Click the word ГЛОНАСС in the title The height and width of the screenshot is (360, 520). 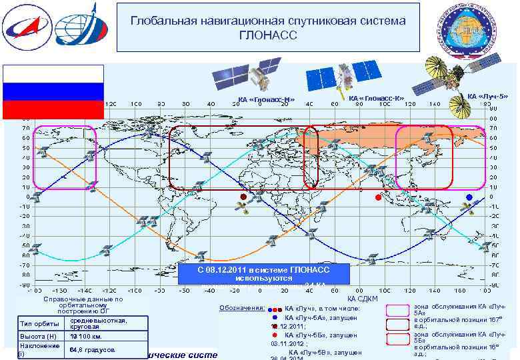pos(268,35)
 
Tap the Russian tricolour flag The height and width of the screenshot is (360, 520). pos(53,91)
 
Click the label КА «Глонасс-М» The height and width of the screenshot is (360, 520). pos(266,101)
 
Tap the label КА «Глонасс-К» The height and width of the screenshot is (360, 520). pos(377,98)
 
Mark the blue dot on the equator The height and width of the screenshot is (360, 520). pos(469,197)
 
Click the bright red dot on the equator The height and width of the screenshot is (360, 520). pos(378,197)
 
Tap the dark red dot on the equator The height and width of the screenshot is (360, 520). pos(243,197)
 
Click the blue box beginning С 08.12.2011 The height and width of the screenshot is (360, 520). pos(264,274)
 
